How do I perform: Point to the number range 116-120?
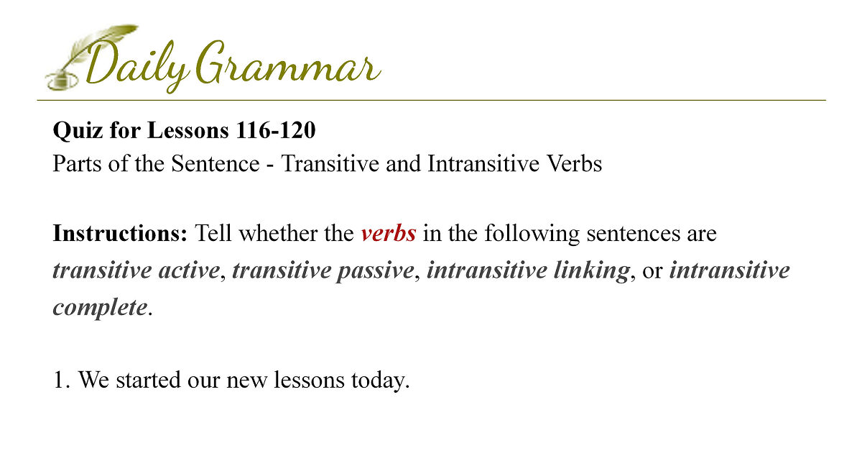click(276, 130)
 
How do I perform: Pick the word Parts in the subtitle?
click(77, 163)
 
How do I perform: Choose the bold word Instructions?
click(120, 233)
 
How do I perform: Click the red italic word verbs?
click(389, 233)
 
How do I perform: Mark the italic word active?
click(189, 270)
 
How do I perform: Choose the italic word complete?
click(100, 308)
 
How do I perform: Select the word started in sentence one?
click(148, 380)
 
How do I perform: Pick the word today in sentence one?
click(380, 381)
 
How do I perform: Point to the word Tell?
click(213, 233)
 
